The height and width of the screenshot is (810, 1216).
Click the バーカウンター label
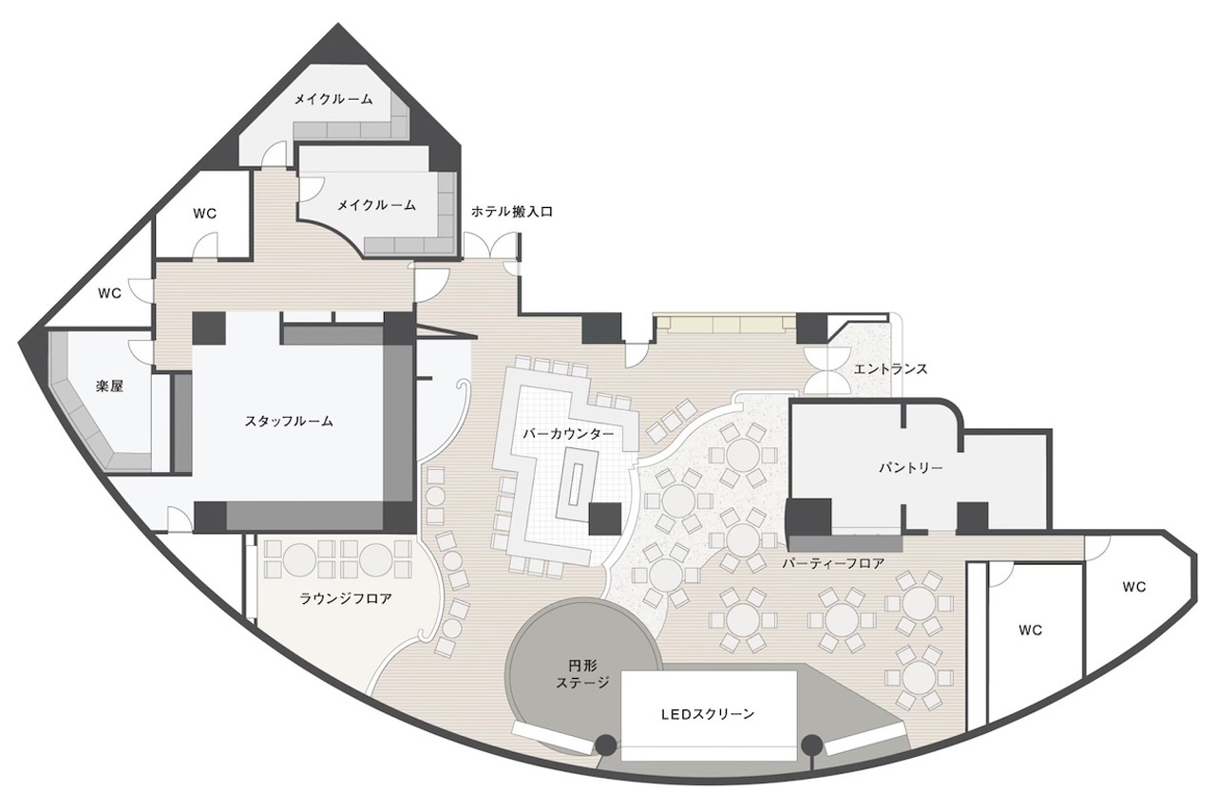568,434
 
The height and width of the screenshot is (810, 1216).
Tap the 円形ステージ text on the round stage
582,674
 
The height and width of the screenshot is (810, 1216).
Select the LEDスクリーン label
708,714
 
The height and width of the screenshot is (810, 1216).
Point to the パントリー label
910,467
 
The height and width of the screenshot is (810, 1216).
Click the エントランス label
891,369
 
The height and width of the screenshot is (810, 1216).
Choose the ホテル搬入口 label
511,212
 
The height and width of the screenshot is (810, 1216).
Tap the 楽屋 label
109,386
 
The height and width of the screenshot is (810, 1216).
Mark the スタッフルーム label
288,421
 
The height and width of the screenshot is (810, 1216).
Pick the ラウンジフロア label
346,599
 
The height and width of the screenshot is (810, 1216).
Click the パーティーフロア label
833,564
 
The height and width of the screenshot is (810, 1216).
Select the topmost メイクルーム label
333,100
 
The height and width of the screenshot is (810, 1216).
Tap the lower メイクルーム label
377,205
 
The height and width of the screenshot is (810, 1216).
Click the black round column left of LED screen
606,744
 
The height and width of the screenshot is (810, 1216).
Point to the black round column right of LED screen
812,744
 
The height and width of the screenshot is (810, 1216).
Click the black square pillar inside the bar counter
605,518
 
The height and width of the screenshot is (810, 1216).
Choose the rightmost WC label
1134,587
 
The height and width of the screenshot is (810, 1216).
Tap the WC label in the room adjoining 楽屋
109,293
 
